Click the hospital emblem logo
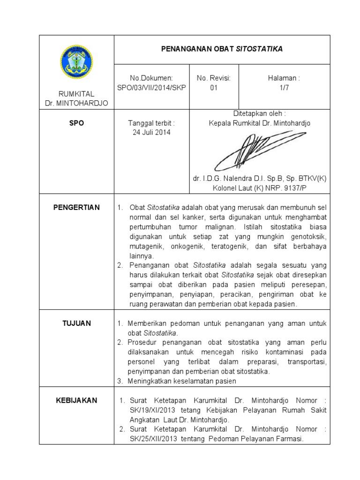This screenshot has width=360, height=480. click(x=76, y=62)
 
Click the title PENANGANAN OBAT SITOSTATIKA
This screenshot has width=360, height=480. click(x=222, y=49)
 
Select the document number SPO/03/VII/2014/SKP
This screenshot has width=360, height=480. click(x=151, y=87)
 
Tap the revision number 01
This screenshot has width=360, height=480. click(x=214, y=87)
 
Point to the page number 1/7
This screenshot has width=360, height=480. click(x=284, y=87)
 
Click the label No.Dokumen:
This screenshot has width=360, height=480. click(x=151, y=78)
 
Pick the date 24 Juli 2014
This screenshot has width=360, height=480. click(x=151, y=132)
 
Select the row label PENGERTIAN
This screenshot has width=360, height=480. click(x=76, y=208)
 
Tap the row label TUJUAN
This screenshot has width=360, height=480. click(x=76, y=323)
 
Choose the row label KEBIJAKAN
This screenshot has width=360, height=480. click(x=76, y=400)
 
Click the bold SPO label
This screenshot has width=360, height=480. click(x=76, y=123)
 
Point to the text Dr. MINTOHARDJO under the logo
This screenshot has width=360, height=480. click(x=76, y=103)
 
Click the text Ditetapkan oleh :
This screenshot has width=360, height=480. click(x=259, y=114)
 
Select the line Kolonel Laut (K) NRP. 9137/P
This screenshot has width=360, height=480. click(x=259, y=188)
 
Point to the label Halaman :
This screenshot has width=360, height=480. click(x=284, y=78)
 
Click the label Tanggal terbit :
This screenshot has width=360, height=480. click(x=151, y=123)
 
